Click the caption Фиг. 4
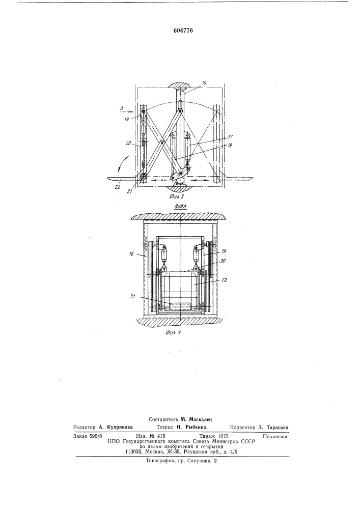(171, 332)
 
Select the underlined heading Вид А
(180, 206)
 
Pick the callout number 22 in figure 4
(225, 280)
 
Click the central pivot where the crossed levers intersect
(161, 142)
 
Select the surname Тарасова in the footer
(276, 427)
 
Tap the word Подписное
(275, 436)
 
